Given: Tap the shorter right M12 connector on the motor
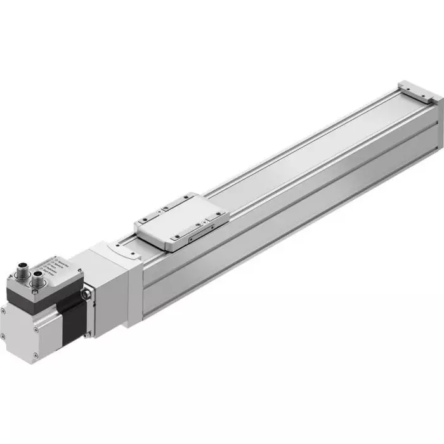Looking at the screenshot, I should tap(38, 275).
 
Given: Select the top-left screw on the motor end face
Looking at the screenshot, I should tap(3, 311).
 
